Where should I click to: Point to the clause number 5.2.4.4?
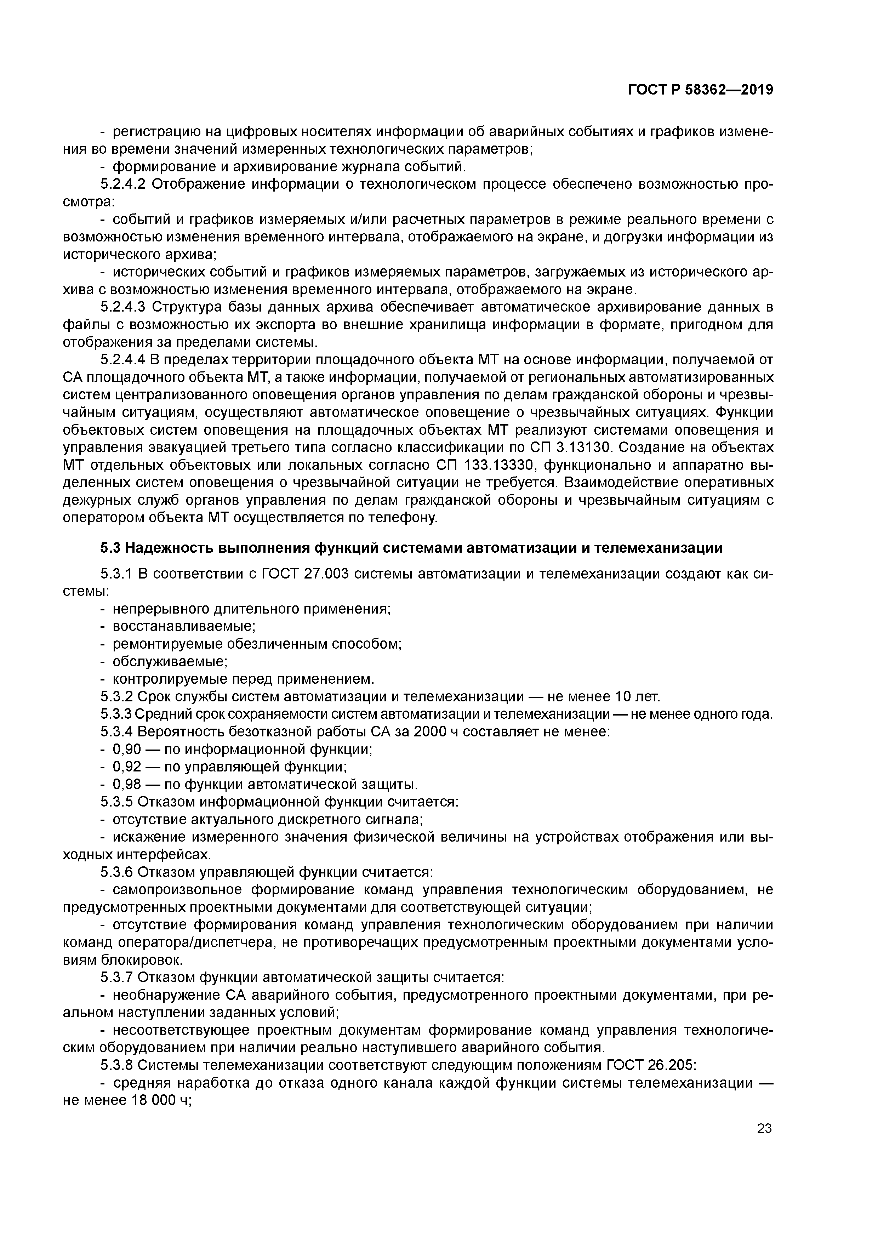123,360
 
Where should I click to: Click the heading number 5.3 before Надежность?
110,548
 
